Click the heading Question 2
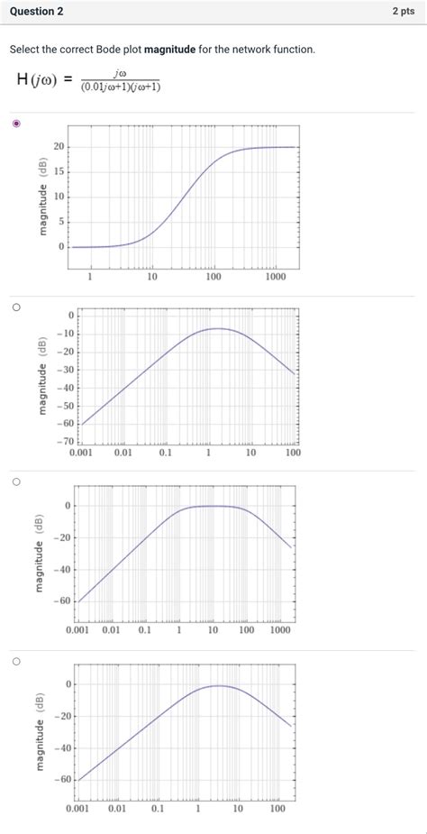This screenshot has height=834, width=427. tap(32, 12)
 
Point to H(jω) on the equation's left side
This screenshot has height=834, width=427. tap(36, 79)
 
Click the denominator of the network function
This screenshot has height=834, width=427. tap(120, 87)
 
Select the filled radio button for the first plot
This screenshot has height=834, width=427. tap(16, 124)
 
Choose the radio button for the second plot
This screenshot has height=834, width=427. tap(16, 307)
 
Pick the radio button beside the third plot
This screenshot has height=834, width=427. tap(16, 482)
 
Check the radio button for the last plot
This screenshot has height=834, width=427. tap(16, 661)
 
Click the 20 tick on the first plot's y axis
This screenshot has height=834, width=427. tap(59, 146)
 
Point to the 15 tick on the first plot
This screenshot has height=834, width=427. tap(59, 171)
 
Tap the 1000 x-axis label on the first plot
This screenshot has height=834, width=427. tap(275, 277)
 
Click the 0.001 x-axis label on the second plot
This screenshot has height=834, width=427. tap(81, 453)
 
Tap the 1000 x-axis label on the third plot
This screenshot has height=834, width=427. tap(280, 631)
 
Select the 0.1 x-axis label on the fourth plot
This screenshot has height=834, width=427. tap(158, 810)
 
